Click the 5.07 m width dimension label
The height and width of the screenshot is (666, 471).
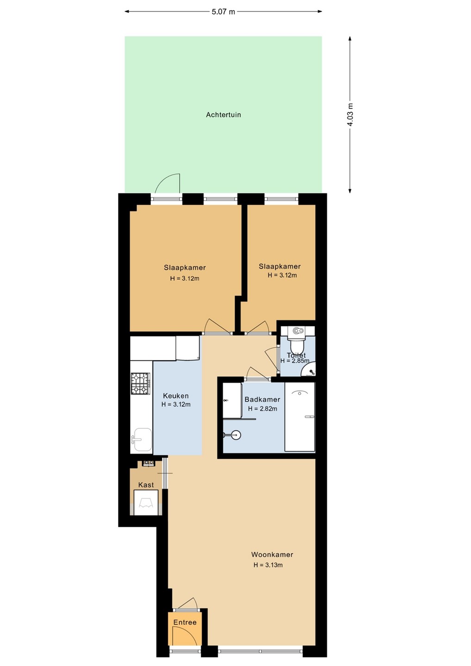tap(223, 12)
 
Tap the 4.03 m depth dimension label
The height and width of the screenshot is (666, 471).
tap(350, 115)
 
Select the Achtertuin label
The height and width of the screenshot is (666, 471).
tap(223, 115)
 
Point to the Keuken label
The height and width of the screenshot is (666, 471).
tap(176, 396)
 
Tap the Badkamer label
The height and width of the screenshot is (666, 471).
tap(262, 399)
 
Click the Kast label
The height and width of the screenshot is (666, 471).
tap(146, 485)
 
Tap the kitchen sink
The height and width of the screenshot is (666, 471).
tap(143, 439)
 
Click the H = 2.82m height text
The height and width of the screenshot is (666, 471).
tap(262, 409)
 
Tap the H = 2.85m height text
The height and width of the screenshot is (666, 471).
tap(295, 361)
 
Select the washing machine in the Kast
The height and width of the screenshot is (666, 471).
tap(146, 502)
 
